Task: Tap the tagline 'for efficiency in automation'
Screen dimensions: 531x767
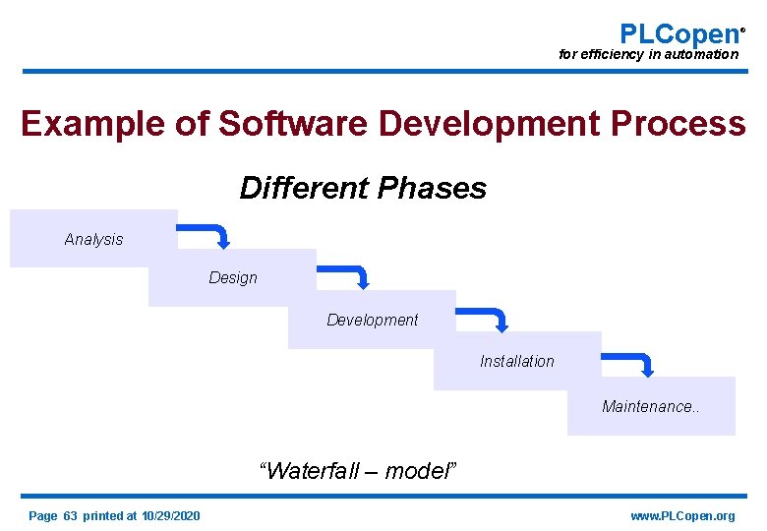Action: [648, 55]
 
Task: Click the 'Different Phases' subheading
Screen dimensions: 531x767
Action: [363, 188]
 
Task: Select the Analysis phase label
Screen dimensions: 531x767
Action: [93, 239]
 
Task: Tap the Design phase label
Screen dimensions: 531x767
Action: [233, 278]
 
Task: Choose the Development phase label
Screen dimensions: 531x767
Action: [372, 320]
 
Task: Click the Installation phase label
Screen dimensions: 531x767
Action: [516, 361]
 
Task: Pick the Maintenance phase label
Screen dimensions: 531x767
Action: [651, 406]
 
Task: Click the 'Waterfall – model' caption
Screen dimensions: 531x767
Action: [358, 470]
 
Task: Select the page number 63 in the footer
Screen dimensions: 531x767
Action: [70, 515]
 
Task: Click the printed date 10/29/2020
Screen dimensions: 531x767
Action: [170, 515]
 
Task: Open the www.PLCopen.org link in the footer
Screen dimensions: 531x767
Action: [681, 515]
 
